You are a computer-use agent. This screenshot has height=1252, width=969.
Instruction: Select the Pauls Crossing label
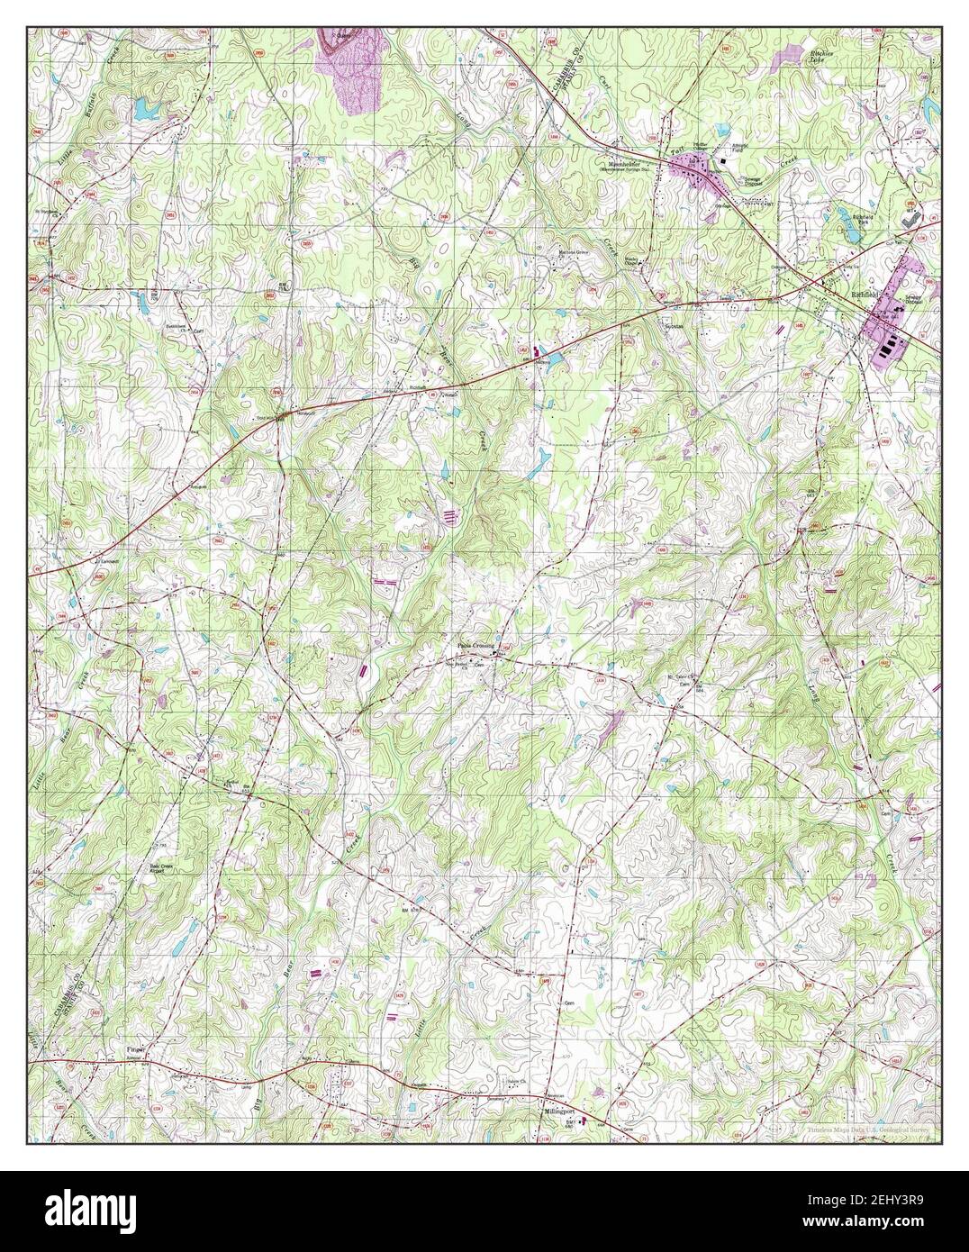pyautogui.click(x=475, y=646)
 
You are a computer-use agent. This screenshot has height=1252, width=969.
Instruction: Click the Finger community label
pyautogui.click(x=135, y=1050)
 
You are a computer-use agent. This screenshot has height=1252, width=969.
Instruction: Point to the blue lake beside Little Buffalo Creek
pyautogui.click(x=144, y=110)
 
